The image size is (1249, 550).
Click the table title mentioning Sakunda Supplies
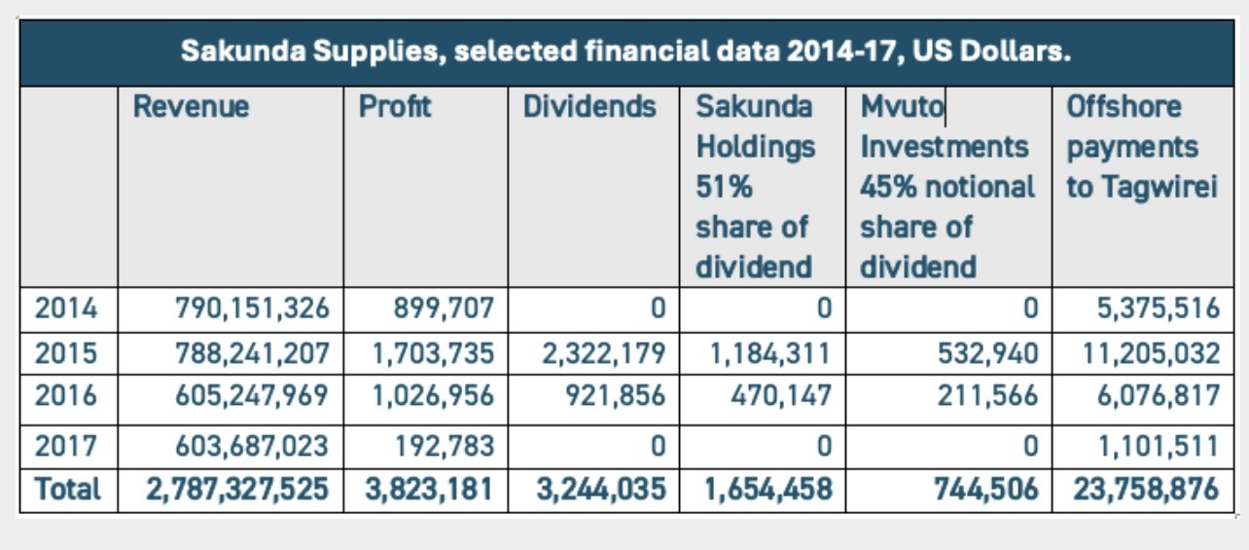click(x=625, y=52)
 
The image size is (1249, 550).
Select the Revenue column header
click(x=191, y=107)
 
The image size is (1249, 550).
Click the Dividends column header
click(x=589, y=107)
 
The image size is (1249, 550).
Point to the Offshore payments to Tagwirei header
click(x=1142, y=147)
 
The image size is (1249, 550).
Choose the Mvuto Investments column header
click(x=947, y=186)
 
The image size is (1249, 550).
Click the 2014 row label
click(x=66, y=309)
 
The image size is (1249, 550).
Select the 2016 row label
click(x=66, y=396)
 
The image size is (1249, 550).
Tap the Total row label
click(x=67, y=489)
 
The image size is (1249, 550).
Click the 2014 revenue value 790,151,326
click(x=252, y=309)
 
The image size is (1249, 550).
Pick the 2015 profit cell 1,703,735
click(x=432, y=352)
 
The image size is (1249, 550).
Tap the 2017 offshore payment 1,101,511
click(x=1157, y=446)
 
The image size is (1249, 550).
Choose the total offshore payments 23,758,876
click(x=1146, y=489)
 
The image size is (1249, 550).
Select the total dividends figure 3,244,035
click(x=601, y=489)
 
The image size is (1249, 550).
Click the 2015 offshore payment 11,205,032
click(x=1151, y=352)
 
